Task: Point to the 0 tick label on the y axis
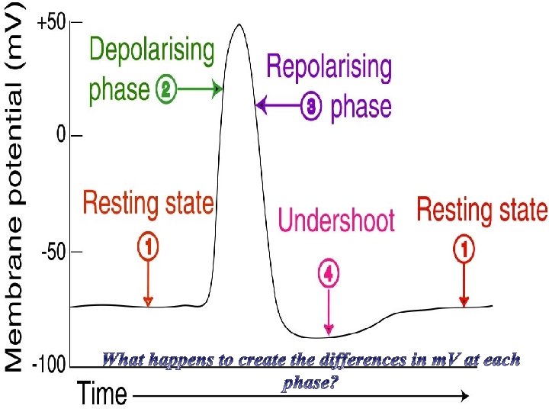point(60,136)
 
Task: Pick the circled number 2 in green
point(165,91)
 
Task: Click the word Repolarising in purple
point(329,69)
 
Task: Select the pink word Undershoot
point(336,220)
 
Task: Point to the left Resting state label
point(148,204)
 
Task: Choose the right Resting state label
point(482,208)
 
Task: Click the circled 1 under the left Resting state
point(148,246)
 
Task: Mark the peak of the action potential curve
point(239,25)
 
